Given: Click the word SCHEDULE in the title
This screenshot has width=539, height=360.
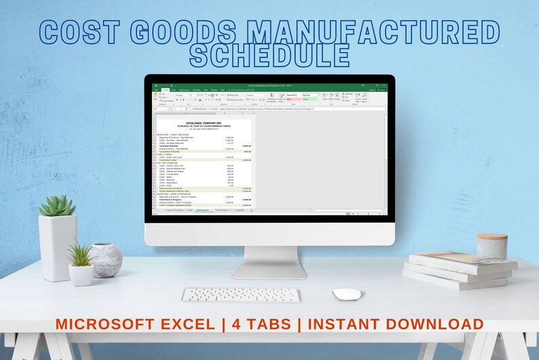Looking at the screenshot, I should click(269, 55).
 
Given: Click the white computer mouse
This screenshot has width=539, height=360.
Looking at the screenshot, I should click(346, 294).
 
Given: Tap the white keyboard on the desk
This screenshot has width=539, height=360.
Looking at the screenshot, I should click(240, 295).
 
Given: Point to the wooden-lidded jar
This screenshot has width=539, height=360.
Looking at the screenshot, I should click(491, 247).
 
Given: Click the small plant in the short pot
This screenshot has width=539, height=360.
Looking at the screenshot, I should click(81, 256).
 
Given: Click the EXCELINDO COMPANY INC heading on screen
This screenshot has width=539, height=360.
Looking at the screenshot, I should click(202, 122).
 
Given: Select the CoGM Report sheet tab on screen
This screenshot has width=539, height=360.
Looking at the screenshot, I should click(202, 210).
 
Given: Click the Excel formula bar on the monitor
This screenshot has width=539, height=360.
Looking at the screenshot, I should click(272, 108).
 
